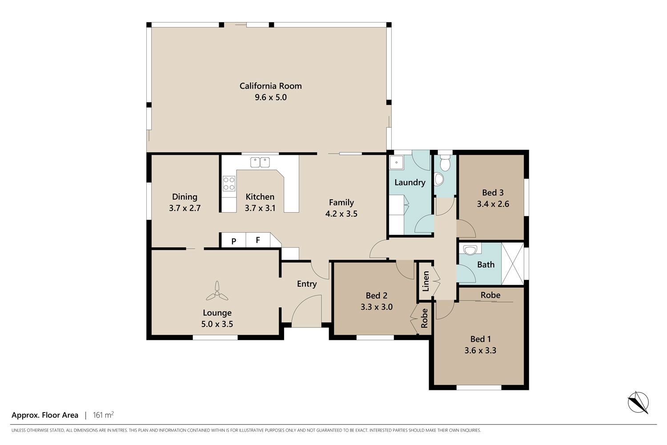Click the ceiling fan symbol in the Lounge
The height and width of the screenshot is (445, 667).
tap(217, 291)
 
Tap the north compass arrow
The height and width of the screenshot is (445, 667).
tap(638, 402)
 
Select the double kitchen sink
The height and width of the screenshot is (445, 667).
tap(260, 162)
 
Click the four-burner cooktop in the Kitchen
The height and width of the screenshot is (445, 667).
tap(229, 183)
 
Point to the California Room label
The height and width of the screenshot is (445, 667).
tap(271, 86)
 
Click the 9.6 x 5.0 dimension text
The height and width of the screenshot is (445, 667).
tap(271, 97)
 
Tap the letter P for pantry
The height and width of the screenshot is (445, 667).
tap(234, 241)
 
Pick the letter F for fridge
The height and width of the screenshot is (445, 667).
tap(258, 240)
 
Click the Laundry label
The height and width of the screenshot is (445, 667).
tap(410, 183)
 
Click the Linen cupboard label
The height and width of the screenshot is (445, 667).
tap(426, 281)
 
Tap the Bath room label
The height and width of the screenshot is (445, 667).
tap(486, 265)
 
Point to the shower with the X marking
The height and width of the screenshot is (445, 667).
tap(513, 264)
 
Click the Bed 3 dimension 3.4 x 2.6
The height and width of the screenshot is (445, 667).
tap(493, 204)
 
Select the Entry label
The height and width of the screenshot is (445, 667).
tap(307, 284)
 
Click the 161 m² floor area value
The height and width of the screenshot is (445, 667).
tap(103, 415)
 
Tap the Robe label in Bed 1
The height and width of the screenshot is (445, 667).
tap(490, 295)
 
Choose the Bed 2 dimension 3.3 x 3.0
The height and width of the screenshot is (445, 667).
tap(377, 307)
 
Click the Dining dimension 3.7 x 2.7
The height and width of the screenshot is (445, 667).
tap(185, 208)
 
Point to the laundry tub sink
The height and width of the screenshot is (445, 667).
tap(397, 163)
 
